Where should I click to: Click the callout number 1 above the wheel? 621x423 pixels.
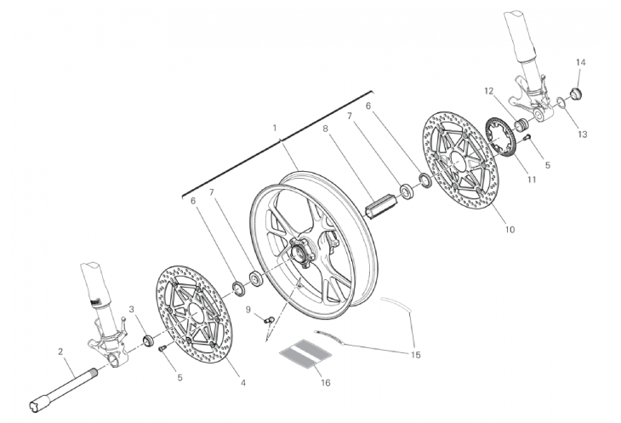(275, 128)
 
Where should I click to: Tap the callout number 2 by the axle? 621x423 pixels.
(60, 352)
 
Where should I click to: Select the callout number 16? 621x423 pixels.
(326, 383)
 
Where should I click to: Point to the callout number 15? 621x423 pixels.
(415, 355)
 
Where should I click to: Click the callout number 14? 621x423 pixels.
(581, 62)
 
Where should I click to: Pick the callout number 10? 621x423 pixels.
(510, 229)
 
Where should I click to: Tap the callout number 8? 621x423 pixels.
(325, 129)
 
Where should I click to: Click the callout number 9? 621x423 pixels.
(248, 309)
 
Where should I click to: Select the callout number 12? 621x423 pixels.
(489, 91)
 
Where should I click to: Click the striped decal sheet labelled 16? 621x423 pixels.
(305, 353)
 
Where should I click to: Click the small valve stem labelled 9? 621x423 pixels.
(270, 319)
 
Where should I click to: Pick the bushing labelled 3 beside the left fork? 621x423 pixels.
(149, 340)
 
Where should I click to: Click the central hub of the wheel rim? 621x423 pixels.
(299, 253)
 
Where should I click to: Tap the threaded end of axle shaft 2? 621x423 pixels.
(94, 372)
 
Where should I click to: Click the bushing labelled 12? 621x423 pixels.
(521, 125)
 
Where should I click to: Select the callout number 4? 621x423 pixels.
(243, 383)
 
